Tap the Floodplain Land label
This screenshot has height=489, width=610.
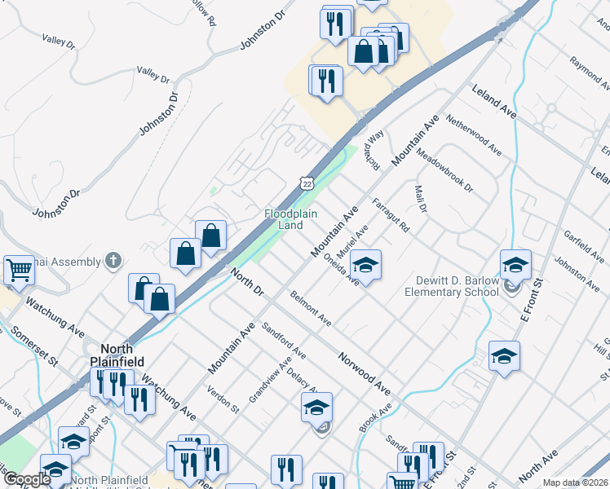(x=284, y=219)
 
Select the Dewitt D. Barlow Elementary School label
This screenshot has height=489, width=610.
(x=451, y=286)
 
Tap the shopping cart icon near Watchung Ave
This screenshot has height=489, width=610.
(x=19, y=271)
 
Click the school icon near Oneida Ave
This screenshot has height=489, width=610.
(x=367, y=266)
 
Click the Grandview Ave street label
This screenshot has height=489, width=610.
(x=271, y=381)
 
